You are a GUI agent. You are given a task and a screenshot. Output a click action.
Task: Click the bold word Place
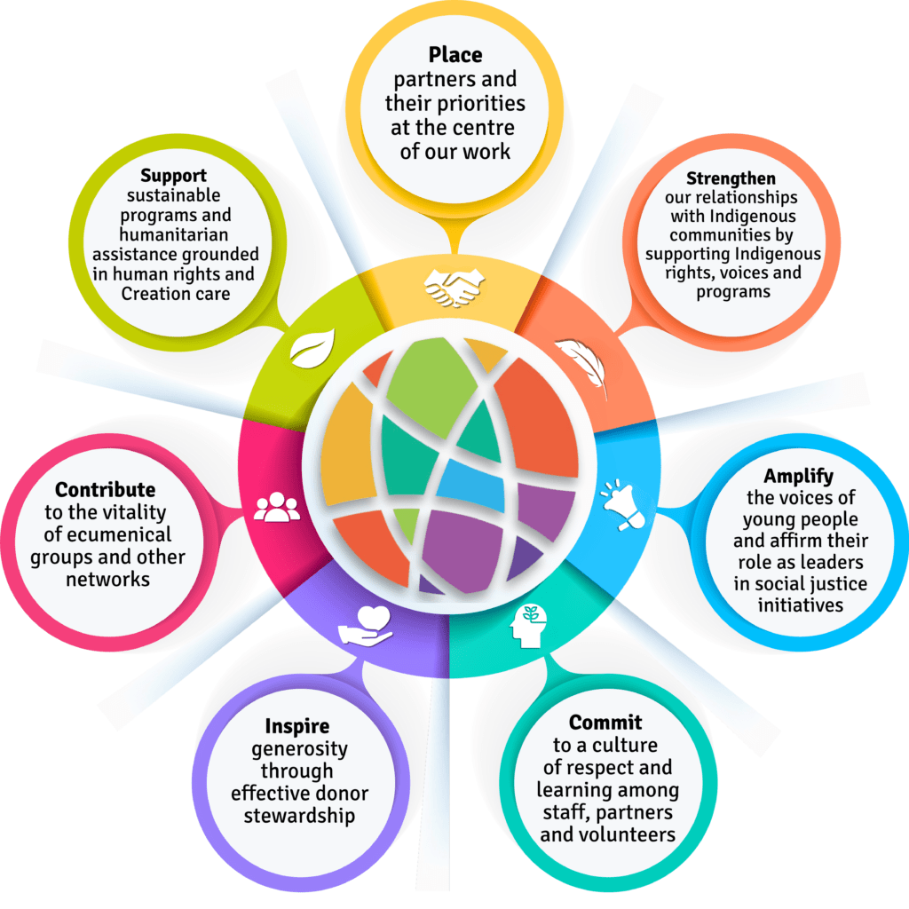click(454, 55)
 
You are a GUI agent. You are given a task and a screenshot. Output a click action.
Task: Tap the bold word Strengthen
click(731, 178)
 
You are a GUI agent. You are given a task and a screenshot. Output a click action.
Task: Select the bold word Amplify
click(798, 477)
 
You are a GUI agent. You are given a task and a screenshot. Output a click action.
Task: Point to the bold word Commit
click(605, 722)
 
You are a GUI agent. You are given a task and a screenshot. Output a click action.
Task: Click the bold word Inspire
click(297, 727)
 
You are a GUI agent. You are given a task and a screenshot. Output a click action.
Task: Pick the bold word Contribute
click(105, 490)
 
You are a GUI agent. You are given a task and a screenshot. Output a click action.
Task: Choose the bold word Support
click(173, 176)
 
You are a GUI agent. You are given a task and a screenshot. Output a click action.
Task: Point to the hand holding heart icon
click(365, 624)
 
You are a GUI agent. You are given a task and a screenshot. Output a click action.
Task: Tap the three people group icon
click(277, 506)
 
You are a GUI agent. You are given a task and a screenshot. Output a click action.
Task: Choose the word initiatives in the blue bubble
click(799, 605)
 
